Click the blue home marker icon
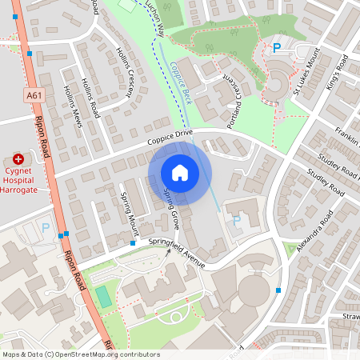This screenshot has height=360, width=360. tap(180, 173)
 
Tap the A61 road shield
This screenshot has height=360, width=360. tap(33, 95)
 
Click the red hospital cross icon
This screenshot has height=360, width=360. tap(18, 160)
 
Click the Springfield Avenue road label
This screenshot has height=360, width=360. tap(173, 254)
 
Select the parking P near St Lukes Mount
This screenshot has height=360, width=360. tap(277, 48)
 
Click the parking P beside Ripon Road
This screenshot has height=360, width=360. tap(46, 228)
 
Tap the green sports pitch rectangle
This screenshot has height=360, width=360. tap(104, 296)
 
